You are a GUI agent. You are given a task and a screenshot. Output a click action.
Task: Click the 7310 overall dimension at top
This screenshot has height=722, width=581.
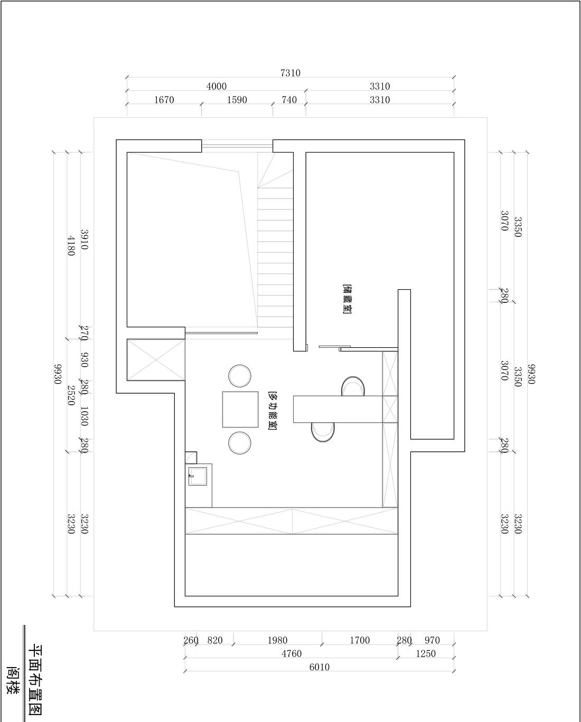pos(290,73)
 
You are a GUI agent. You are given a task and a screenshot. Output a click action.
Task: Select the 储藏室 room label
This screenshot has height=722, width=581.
pos(347,299)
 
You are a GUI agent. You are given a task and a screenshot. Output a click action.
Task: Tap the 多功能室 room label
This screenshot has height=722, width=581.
pos(273,411)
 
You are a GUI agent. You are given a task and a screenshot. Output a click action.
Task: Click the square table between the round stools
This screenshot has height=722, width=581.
pos(240,409)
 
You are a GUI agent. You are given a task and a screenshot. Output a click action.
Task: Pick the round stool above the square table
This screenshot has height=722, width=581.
pos(240,376)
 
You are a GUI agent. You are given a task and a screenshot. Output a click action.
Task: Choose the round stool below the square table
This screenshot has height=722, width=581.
pos(240,442)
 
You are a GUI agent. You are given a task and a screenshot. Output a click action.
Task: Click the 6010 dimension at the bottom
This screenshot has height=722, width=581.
pos(319,667)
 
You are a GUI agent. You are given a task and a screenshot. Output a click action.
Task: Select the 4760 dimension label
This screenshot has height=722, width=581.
pos(291,654)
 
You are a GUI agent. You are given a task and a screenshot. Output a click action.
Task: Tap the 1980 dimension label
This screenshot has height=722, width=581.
pos(277,641)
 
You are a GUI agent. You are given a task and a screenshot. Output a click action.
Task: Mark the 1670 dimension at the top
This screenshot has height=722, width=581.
pos(164,100)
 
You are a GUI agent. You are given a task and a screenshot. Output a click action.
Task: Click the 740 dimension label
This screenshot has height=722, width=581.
pos(289,100)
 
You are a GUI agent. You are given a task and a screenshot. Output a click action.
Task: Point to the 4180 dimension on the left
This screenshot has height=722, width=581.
pos(70,245)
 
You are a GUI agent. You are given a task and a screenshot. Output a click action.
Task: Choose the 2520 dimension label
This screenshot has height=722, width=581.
pos(70,393)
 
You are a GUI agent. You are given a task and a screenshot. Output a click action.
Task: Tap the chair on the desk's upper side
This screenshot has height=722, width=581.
pos(353,386)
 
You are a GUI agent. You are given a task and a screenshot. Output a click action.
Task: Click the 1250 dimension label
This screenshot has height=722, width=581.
pos(426,654)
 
